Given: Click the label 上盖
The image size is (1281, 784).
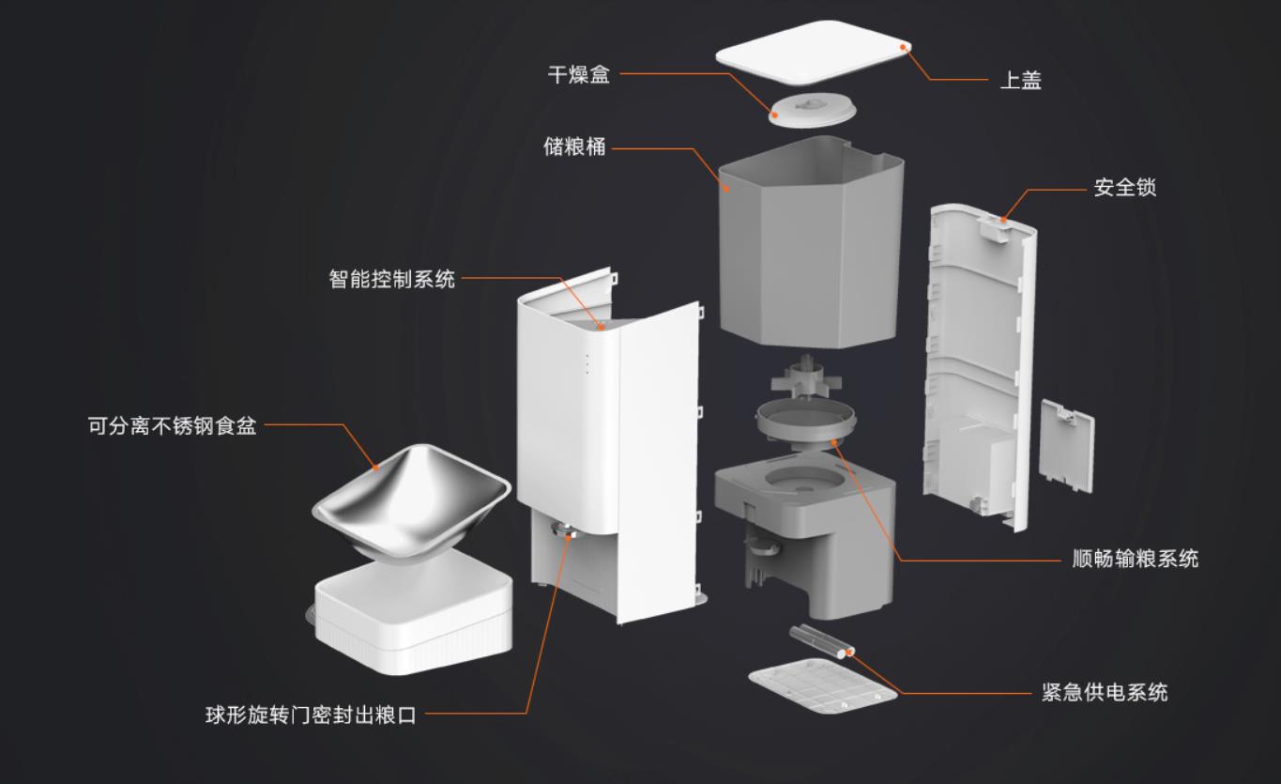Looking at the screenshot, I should (1020, 81).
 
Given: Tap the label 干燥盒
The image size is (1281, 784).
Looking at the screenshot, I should (578, 75).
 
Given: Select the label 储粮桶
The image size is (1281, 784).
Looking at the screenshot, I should (574, 147).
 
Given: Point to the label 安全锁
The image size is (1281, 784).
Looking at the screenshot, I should (1124, 188).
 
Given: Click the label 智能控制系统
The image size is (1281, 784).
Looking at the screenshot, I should (391, 279).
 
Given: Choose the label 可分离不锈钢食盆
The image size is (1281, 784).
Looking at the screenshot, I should (172, 427).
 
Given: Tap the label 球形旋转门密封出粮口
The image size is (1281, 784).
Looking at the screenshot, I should (311, 715).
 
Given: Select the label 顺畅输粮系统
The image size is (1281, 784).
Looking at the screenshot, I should (1135, 560).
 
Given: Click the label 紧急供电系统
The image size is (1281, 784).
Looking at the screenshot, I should (1105, 693).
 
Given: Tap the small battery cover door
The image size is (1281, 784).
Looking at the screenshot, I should (1067, 446).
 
